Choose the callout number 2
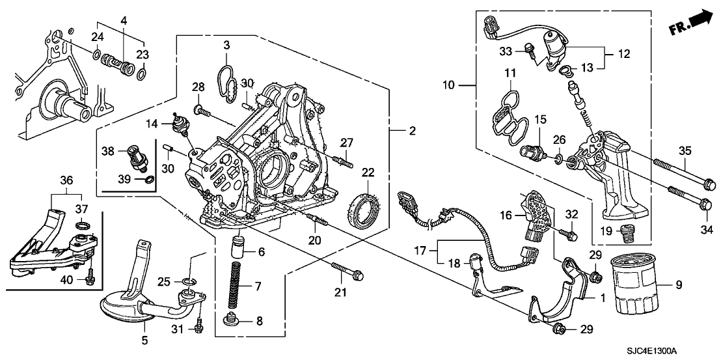411,132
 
